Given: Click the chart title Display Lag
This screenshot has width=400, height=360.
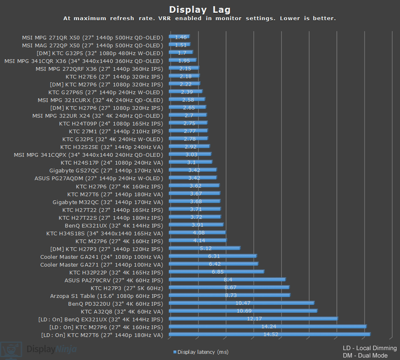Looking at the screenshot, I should click(200, 9).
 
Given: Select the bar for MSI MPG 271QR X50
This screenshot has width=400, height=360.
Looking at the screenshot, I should click(179, 37).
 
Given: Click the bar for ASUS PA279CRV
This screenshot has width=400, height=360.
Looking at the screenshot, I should click(227, 280).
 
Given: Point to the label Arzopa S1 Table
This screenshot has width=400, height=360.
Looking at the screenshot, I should click(106, 296).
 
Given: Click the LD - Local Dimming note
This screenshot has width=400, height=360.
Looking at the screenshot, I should click(370, 348).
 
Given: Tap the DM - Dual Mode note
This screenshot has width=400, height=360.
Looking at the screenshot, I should click(365, 355).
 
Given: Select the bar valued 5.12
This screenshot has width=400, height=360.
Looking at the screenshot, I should click(204, 249).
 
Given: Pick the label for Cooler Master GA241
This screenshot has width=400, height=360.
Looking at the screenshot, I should click(102, 257).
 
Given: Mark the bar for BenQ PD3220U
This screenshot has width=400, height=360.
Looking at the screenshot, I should click(241, 303).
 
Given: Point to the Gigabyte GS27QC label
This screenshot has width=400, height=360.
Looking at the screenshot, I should click(106, 170).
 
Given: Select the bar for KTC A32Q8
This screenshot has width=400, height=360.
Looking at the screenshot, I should click(243, 311).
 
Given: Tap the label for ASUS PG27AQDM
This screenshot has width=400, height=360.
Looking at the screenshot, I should click(99, 178).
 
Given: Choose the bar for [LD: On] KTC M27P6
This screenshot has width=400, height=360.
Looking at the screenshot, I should click(267, 327).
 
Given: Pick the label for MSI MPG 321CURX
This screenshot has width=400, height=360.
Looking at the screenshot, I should click(100, 100).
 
